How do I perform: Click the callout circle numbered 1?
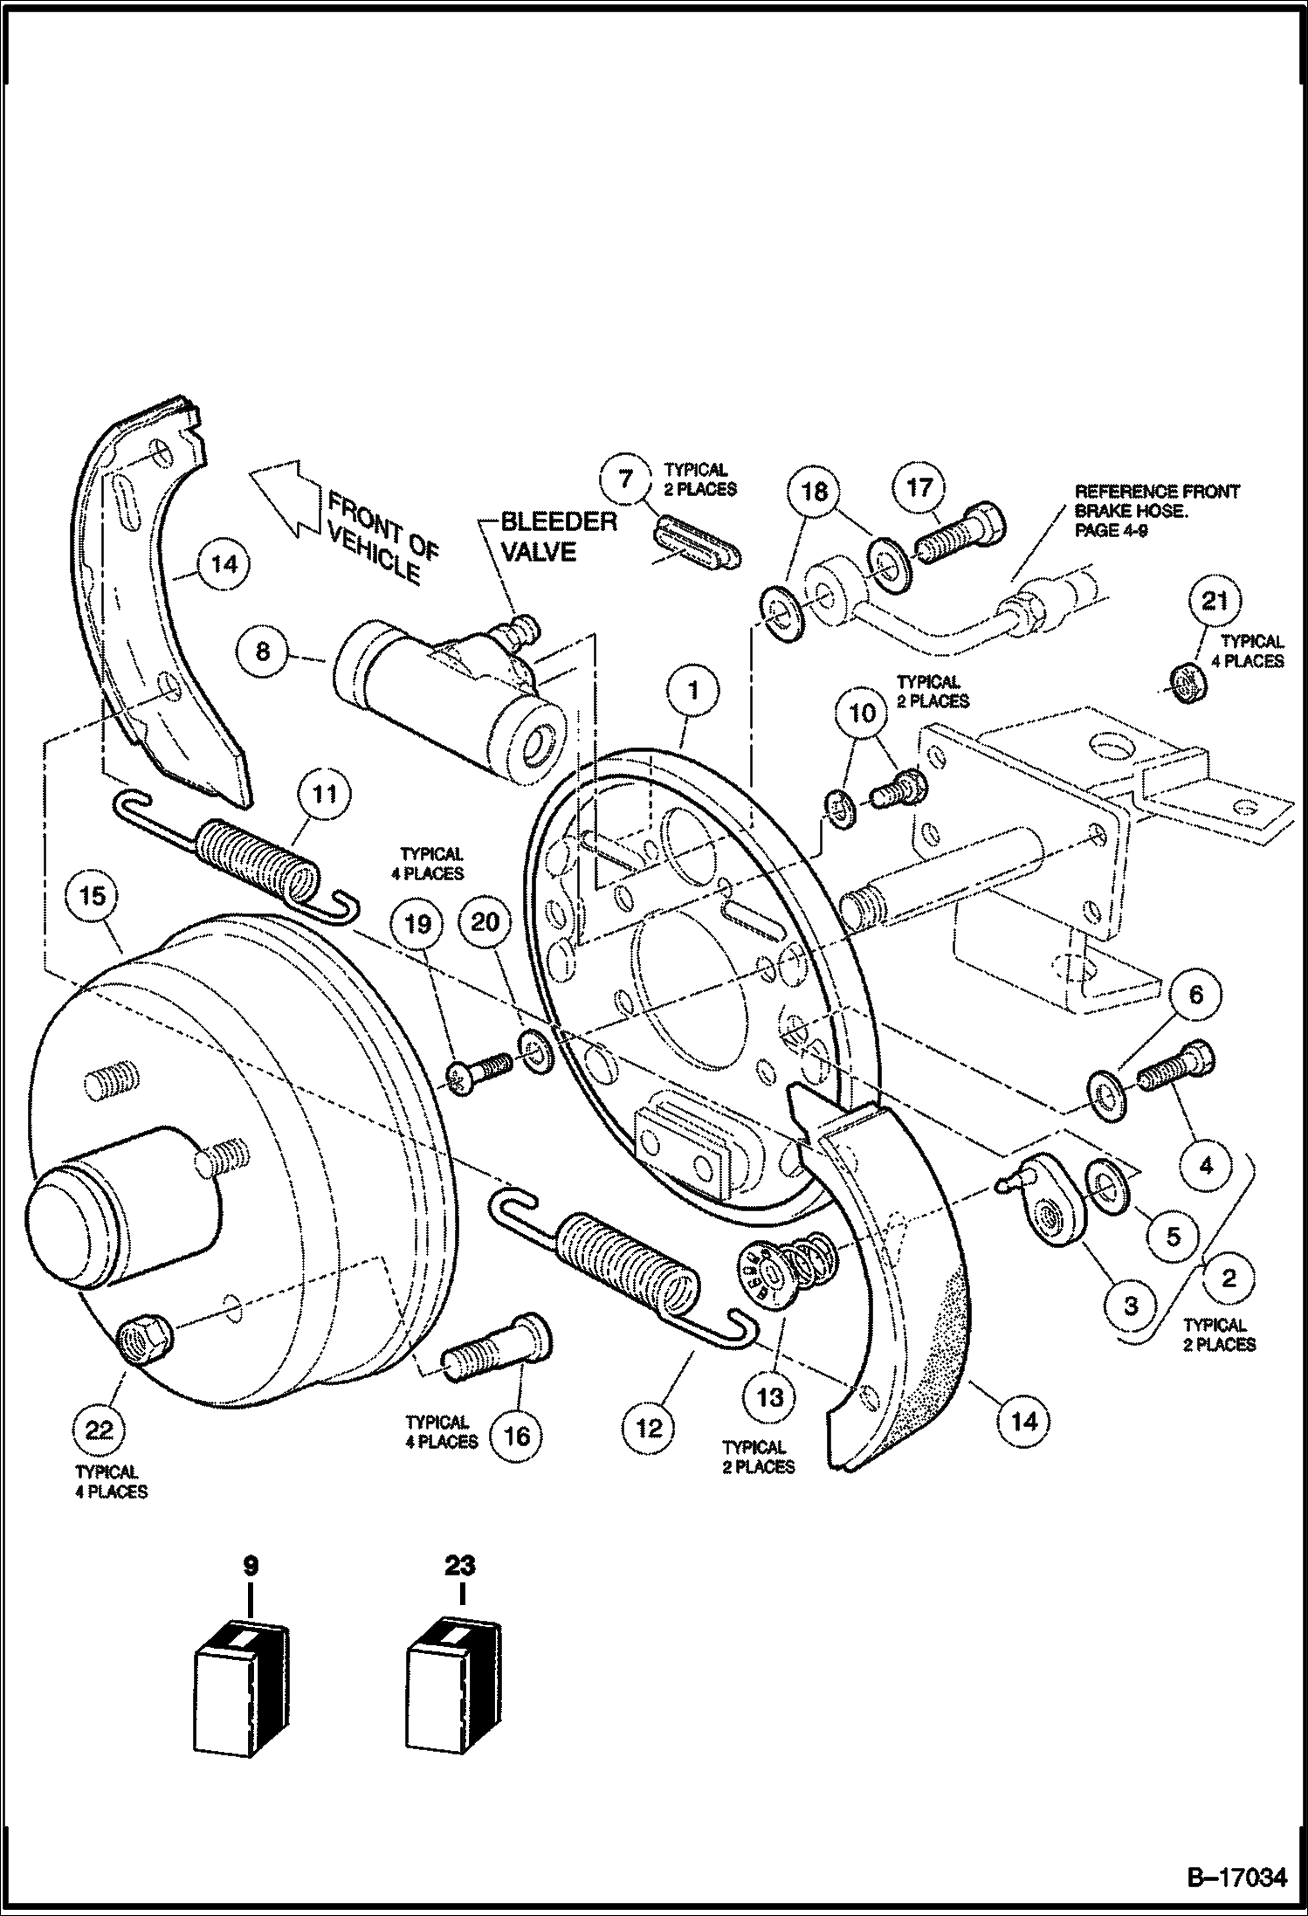692,691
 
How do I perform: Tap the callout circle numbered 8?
264,651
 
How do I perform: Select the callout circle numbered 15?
93,896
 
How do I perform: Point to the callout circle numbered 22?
99,1430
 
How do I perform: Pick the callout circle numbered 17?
919,487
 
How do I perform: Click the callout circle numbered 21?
1215,601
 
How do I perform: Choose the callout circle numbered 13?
769,1396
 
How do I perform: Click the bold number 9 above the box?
251,1566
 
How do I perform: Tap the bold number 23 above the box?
460,1566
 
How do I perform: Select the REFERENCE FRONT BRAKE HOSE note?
1156,510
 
